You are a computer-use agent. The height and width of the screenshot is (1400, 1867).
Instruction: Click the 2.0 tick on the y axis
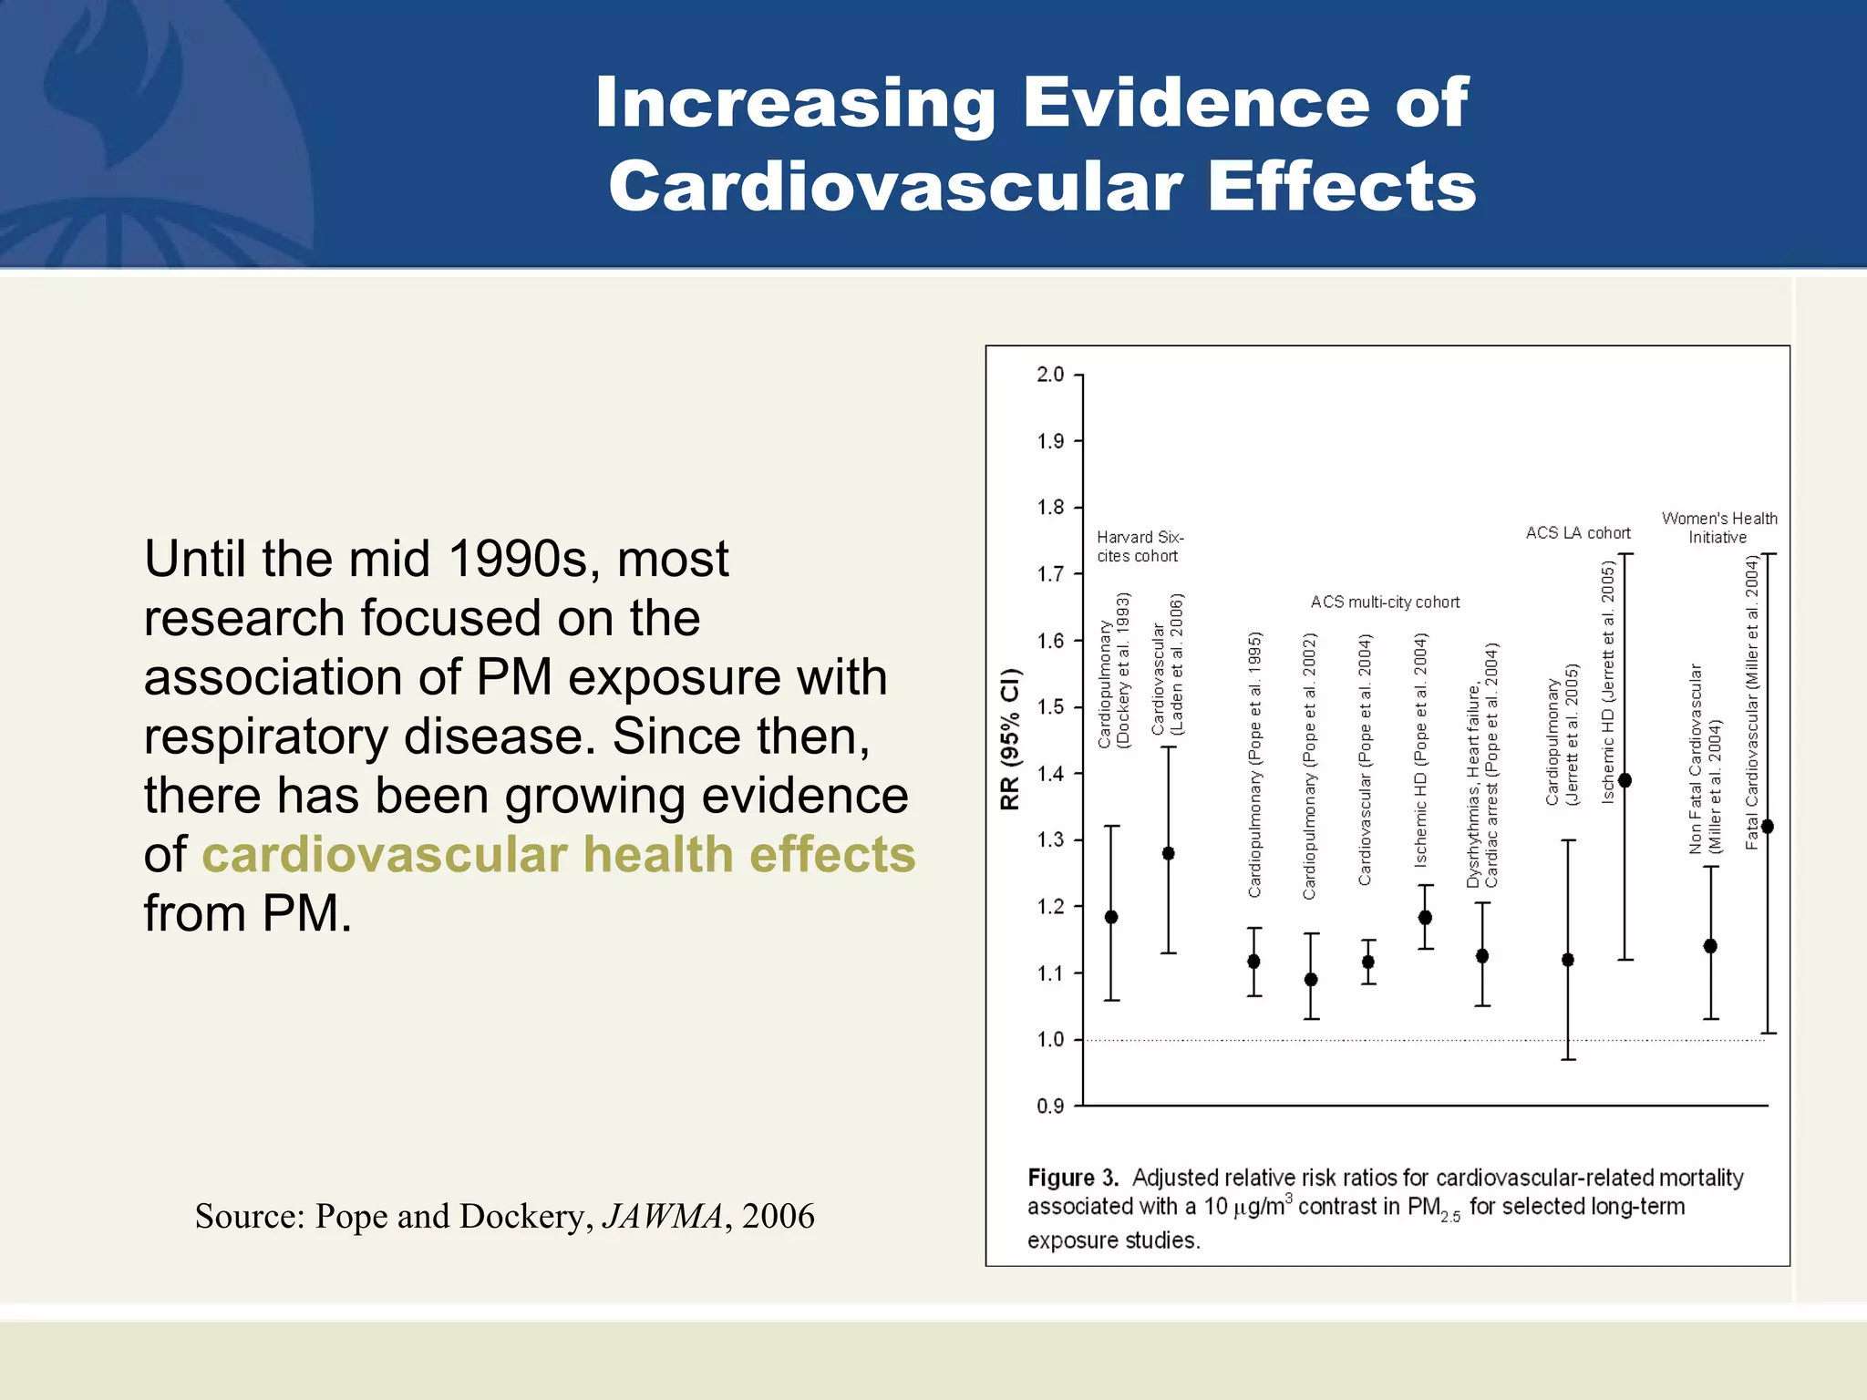(x=1051, y=375)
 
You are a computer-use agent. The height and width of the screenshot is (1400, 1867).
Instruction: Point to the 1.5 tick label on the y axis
(x=1051, y=707)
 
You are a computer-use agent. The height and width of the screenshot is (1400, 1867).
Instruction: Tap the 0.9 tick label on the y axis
(x=1051, y=1107)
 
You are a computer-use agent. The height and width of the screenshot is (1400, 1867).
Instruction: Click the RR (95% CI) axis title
(x=1010, y=739)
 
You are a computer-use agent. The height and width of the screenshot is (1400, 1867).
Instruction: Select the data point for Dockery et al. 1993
(x=1111, y=917)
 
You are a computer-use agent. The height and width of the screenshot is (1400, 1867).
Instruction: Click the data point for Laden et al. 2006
(x=1169, y=853)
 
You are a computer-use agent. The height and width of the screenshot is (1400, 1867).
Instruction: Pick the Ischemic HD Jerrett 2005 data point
(x=1625, y=780)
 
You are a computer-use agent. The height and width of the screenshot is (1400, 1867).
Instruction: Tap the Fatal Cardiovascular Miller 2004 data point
(x=1768, y=827)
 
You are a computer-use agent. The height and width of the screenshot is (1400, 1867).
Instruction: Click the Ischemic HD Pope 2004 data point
(x=1426, y=918)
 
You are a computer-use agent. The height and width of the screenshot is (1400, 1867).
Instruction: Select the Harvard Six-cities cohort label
(x=1140, y=547)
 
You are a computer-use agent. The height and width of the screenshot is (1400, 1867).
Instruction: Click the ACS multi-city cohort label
(x=1385, y=602)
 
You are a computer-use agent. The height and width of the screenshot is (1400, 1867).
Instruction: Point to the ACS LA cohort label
(x=1578, y=533)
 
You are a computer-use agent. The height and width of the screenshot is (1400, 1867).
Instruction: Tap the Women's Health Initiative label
(x=1719, y=528)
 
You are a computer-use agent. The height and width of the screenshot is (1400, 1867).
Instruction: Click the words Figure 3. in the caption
(x=1073, y=1178)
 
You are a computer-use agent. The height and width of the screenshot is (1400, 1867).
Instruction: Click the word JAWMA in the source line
(x=664, y=1216)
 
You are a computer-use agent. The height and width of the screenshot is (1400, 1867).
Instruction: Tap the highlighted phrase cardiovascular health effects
(x=558, y=855)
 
